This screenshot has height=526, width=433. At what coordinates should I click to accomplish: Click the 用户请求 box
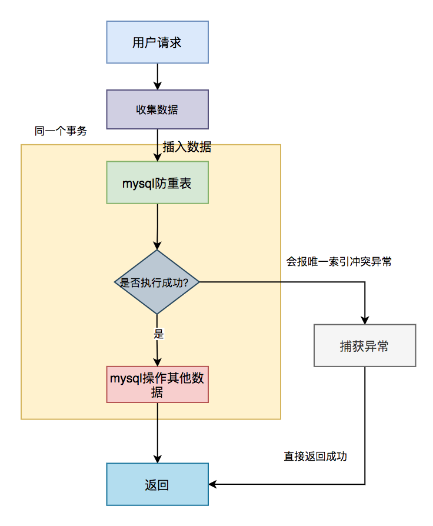coord(157,42)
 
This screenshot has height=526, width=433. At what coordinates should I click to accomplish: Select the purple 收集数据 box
coord(157,109)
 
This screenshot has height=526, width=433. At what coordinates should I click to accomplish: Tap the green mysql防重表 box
coord(157,183)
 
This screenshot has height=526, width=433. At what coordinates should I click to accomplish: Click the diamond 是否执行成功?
coord(157,282)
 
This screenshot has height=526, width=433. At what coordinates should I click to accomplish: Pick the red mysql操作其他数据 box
coord(157,385)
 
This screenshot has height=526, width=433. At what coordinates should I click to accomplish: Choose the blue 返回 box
coord(157,485)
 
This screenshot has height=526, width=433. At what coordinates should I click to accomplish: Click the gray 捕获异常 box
coord(365,346)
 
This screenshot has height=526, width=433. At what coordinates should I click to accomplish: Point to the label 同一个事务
coord(61,131)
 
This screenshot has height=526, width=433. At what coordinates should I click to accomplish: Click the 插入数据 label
coord(187,147)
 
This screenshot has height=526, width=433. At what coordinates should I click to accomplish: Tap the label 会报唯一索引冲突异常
coord(339,262)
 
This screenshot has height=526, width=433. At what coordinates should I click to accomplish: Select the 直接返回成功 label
coord(315,456)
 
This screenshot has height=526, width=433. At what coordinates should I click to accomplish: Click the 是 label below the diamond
coord(158,334)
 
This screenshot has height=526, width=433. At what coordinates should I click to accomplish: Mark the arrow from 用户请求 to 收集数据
coord(157,76)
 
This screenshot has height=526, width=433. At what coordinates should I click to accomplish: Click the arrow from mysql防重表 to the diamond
coord(157,227)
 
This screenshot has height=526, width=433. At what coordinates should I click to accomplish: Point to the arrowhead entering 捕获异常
coord(365,320)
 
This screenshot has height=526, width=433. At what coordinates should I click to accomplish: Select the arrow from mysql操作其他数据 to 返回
coord(157,432)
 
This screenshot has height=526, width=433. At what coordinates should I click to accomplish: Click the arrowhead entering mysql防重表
coord(157,158)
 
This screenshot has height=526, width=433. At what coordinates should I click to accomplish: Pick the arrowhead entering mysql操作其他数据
coord(157,362)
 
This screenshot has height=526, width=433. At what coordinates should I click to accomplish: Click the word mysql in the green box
coord(135,184)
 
